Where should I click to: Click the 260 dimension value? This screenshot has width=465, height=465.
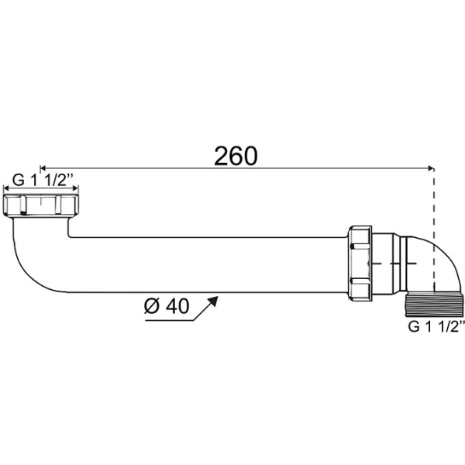(236, 155)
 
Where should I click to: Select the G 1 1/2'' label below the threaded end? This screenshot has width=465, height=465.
(436, 327)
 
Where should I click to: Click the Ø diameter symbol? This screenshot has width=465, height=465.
(150, 306)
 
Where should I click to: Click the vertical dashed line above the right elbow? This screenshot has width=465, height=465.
(433, 201)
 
